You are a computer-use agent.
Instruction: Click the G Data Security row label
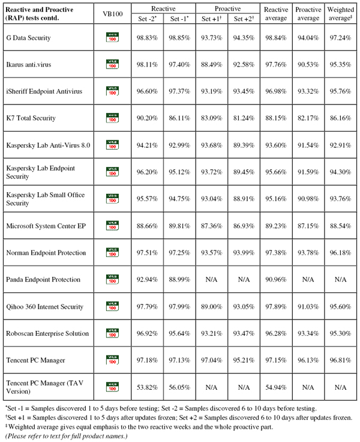[28, 38]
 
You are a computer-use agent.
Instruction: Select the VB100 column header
[113, 14]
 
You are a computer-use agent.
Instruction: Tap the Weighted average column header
[341, 14]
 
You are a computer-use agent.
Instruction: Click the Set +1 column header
[212, 19]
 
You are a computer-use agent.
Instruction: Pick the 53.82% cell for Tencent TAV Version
[148, 387]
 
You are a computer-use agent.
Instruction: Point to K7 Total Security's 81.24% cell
[244, 118]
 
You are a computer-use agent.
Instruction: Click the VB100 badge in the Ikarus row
[112, 64]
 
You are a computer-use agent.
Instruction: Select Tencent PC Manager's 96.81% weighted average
[341, 360]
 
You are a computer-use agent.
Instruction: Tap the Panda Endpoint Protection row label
[43, 279]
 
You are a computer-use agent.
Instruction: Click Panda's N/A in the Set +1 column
[211, 279]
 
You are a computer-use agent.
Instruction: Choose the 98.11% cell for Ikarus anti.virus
[148, 64]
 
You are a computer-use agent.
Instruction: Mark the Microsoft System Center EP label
[46, 226]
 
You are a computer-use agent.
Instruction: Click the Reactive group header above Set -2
[163, 9]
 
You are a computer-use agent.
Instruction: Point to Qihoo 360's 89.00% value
[212, 307]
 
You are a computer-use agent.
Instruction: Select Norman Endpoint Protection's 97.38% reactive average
[276, 253]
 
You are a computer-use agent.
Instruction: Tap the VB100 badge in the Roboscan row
[112, 333]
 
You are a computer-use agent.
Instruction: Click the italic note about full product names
[67, 436]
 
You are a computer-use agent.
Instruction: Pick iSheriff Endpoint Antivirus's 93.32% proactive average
[308, 91]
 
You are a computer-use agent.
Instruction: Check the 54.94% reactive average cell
[276, 387]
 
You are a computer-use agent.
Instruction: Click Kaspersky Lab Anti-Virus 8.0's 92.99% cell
[179, 145]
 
